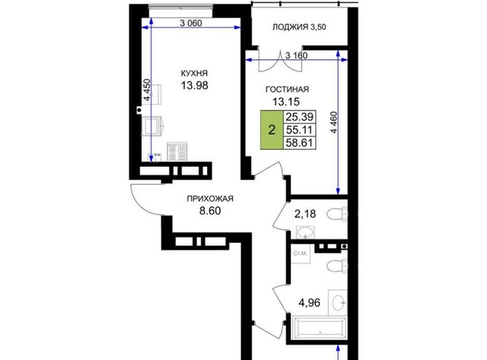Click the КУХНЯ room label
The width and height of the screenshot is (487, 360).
(194, 74)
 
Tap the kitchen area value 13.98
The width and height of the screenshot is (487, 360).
(195, 85)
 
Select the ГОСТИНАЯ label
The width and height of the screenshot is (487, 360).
(287, 90)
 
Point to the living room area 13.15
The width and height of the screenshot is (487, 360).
(286, 101)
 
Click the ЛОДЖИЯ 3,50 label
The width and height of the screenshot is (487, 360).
(299, 27)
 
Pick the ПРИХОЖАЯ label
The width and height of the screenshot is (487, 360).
(210, 199)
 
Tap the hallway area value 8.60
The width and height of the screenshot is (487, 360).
(210, 211)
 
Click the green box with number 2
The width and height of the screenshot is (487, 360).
(272, 130)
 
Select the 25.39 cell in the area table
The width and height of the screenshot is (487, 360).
(300, 117)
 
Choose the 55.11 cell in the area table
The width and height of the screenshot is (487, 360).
(300, 130)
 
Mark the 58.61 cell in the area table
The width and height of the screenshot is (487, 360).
(300, 142)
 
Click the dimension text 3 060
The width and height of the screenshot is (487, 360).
(191, 23)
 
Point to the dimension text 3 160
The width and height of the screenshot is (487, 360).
(296, 56)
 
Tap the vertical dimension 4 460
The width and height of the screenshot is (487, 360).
(334, 123)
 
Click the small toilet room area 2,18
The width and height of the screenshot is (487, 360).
(305, 214)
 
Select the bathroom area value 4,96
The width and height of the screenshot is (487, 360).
(310, 302)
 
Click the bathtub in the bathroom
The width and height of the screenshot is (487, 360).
(320, 329)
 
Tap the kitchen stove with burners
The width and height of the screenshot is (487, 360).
(177, 151)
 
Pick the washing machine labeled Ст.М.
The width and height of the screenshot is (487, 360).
(301, 253)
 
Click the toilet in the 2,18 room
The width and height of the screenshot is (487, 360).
(337, 214)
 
